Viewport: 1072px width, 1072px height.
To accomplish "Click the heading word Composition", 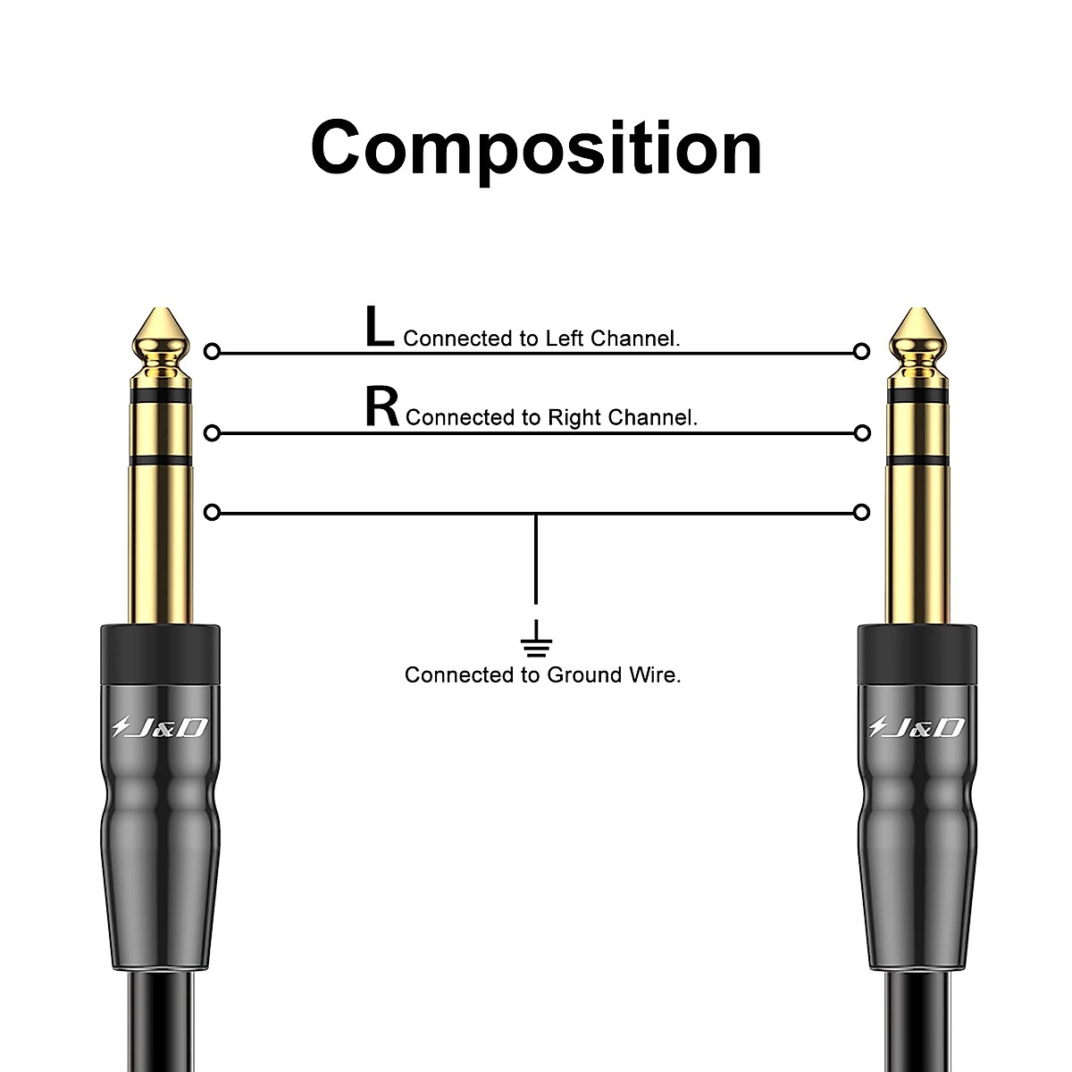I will pyautogui.click(x=536, y=147).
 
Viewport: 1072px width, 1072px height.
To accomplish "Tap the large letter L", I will pyautogui.click(x=379, y=327).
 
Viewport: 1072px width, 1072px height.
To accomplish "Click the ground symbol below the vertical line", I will pyautogui.click(x=536, y=638).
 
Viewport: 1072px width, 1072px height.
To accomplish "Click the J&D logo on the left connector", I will pyautogui.click(x=161, y=728).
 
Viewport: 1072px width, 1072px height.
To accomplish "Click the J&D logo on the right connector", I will pyautogui.click(x=918, y=728).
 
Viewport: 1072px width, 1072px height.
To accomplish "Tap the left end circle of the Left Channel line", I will pyautogui.click(x=212, y=351).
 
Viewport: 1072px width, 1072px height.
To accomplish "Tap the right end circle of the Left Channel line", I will pyautogui.click(x=861, y=351).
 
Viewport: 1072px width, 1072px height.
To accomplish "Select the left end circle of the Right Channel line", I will pyautogui.click(x=212, y=433).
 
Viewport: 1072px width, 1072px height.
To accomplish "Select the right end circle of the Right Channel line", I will pyautogui.click(x=861, y=433).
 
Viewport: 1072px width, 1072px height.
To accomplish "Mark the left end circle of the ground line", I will pyautogui.click(x=212, y=513).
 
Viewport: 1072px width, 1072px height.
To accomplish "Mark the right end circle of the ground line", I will pyautogui.click(x=861, y=513).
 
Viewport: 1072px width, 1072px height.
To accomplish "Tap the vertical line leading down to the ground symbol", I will pyautogui.click(x=536, y=563).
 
